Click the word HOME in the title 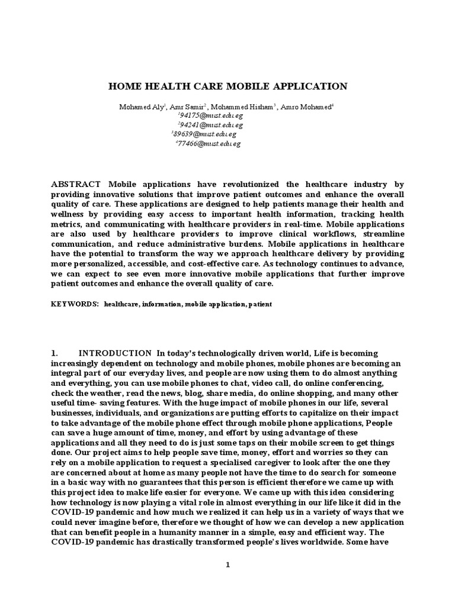coord(123,86)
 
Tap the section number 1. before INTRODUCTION coord(56,353)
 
